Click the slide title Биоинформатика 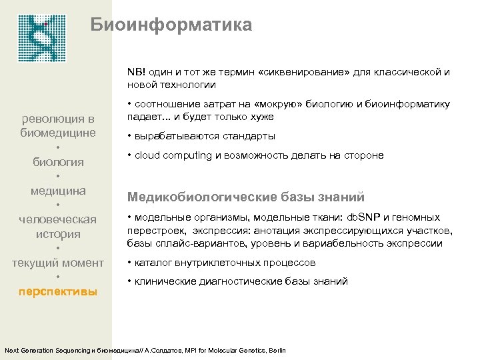(171, 26)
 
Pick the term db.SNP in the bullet (363, 217)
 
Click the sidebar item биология (59, 162)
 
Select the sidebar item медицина (58, 191)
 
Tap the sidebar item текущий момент (58, 263)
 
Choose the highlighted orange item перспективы (58, 292)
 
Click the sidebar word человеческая (58, 220)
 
